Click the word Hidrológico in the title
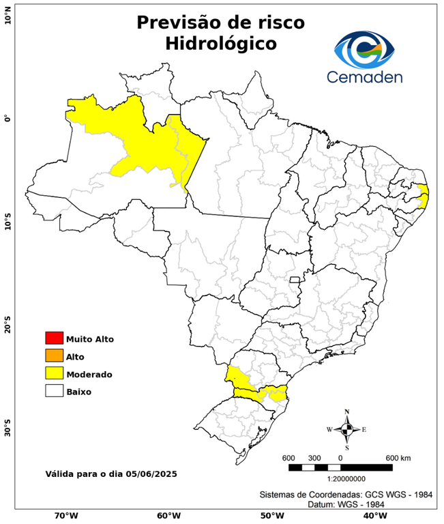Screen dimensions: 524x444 (x=221, y=44)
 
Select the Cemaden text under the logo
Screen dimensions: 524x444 (x=364, y=76)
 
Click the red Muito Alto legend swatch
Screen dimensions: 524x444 (x=54, y=338)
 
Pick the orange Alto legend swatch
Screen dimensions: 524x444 (x=54, y=355)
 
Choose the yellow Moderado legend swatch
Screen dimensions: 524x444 (x=54, y=373)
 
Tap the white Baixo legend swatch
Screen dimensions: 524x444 (x=54, y=391)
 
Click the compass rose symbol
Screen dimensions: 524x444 (x=346, y=429)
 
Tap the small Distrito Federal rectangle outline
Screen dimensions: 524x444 (x=295, y=279)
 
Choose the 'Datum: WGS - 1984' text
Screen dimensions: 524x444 (x=341, y=504)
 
